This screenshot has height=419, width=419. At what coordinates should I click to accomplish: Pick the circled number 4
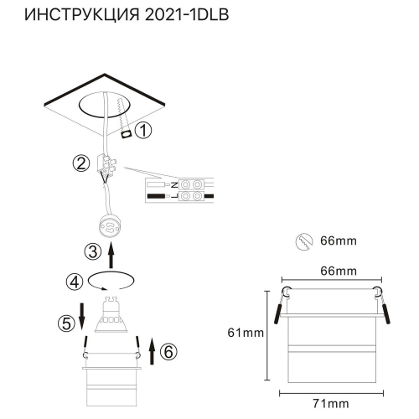75,281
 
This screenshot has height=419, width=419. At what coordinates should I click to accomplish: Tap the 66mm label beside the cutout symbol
338,241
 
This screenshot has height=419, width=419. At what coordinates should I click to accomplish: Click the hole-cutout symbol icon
304,241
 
